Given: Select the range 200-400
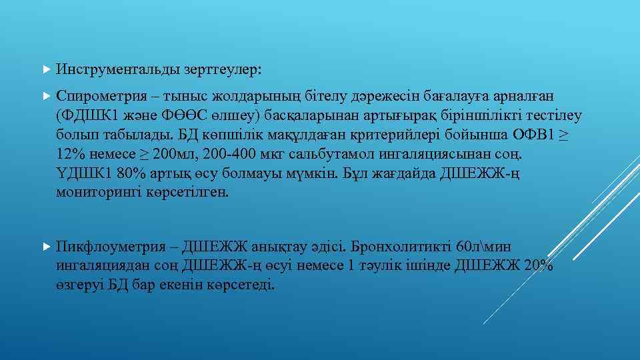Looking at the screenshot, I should coord(229,155).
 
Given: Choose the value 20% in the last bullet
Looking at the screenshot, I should coord(539,265).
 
